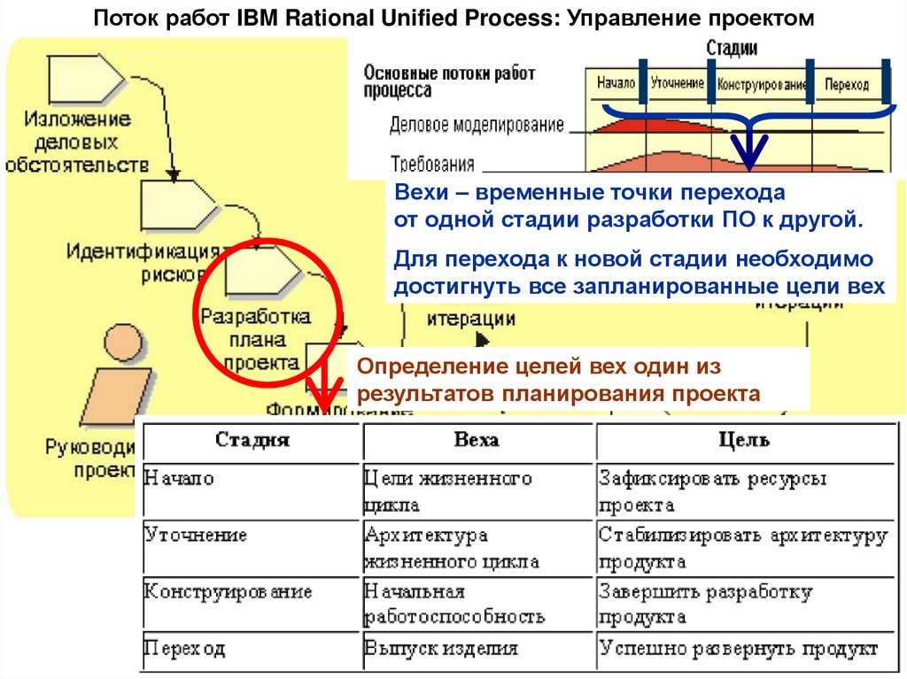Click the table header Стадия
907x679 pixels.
tap(252, 440)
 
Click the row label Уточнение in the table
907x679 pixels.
tap(195, 536)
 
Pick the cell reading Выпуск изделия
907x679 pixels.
tap(440, 648)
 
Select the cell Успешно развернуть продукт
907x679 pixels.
tap(738, 648)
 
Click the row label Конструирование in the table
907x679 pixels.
tap(228, 591)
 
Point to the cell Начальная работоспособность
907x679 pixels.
tap(453, 604)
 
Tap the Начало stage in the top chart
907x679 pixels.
tap(616, 84)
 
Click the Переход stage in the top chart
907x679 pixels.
tap(846, 85)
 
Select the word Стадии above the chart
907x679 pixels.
tap(733, 49)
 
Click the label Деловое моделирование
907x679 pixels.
tap(476, 125)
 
